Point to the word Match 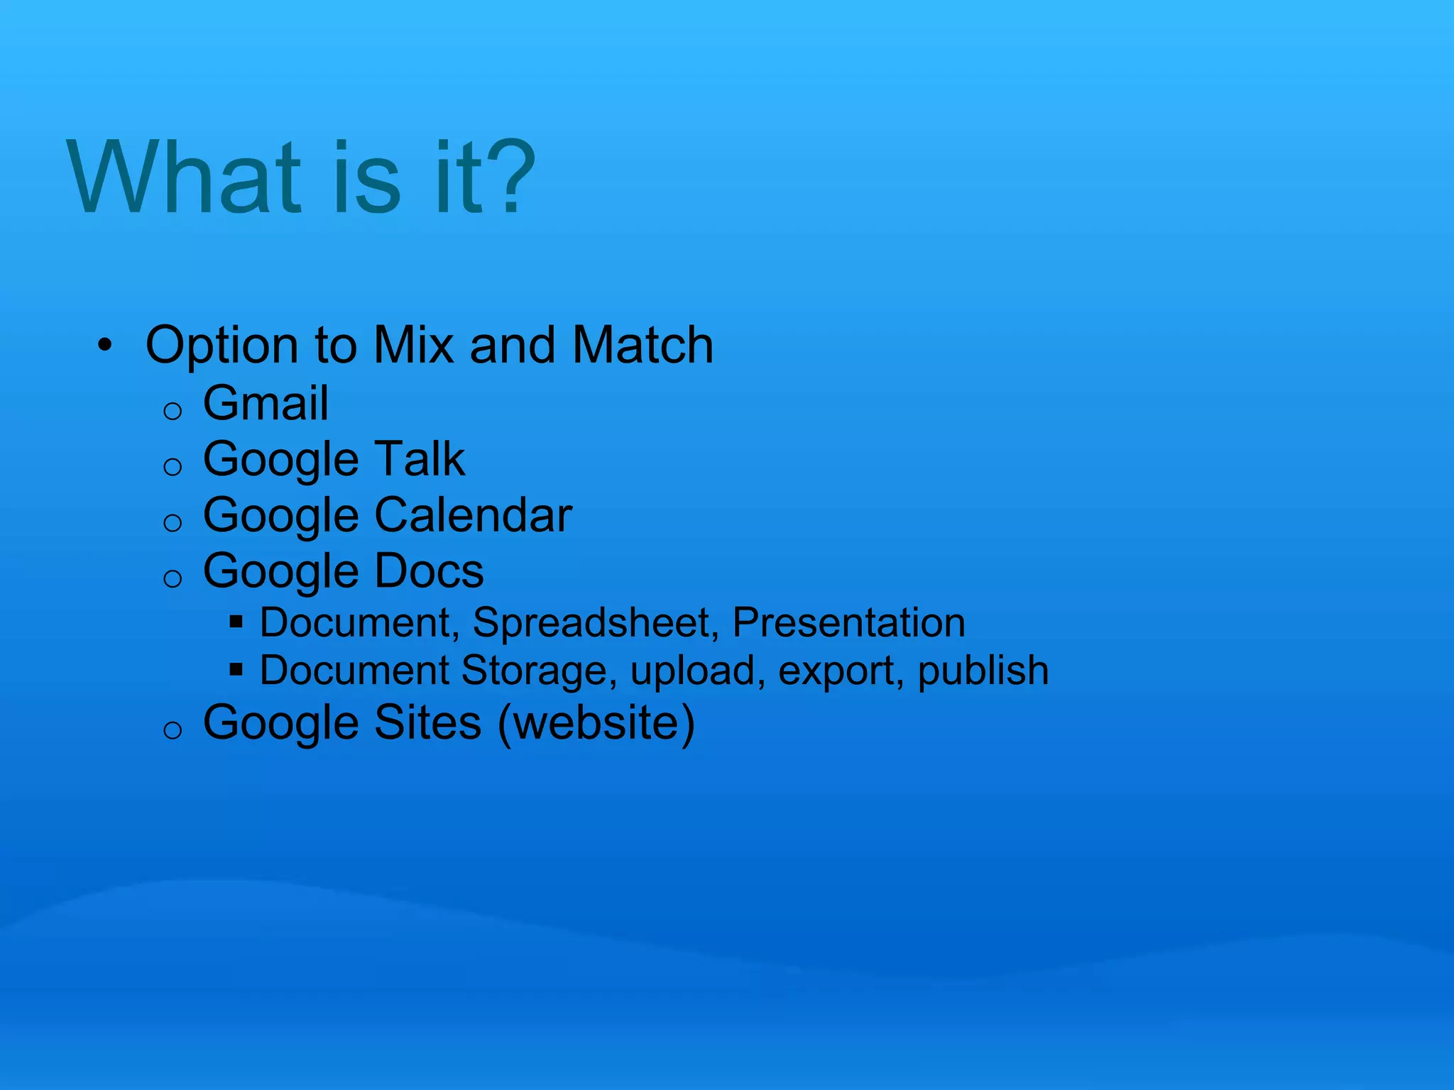coord(643,346)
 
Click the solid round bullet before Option coord(105,346)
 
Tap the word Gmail coord(266,403)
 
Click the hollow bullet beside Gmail coord(173,411)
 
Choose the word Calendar coord(473,515)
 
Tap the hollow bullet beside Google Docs coord(173,578)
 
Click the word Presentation coord(848,623)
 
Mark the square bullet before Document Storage coord(236,669)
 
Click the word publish coord(983,671)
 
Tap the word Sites coord(428,722)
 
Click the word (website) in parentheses coord(596,724)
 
